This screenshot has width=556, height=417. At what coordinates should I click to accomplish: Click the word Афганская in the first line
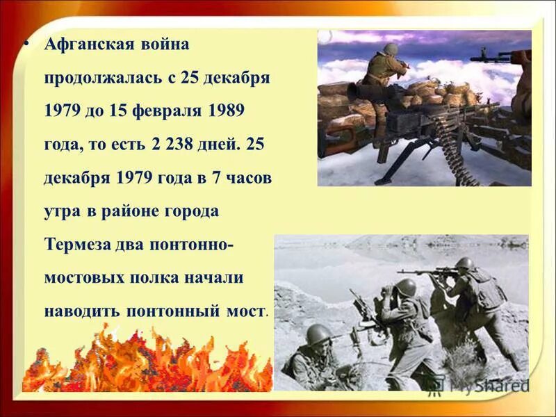pos(88,45)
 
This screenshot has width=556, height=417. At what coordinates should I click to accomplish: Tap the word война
pos(165,45)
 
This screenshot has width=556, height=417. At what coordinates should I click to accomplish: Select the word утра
pos(62,211)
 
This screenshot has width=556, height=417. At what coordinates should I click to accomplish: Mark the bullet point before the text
pos(26,43)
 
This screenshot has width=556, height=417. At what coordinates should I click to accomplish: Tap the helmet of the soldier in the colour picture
pos(391,49)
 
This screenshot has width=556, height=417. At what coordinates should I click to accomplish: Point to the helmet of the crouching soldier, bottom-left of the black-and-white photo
pos(318,334)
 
